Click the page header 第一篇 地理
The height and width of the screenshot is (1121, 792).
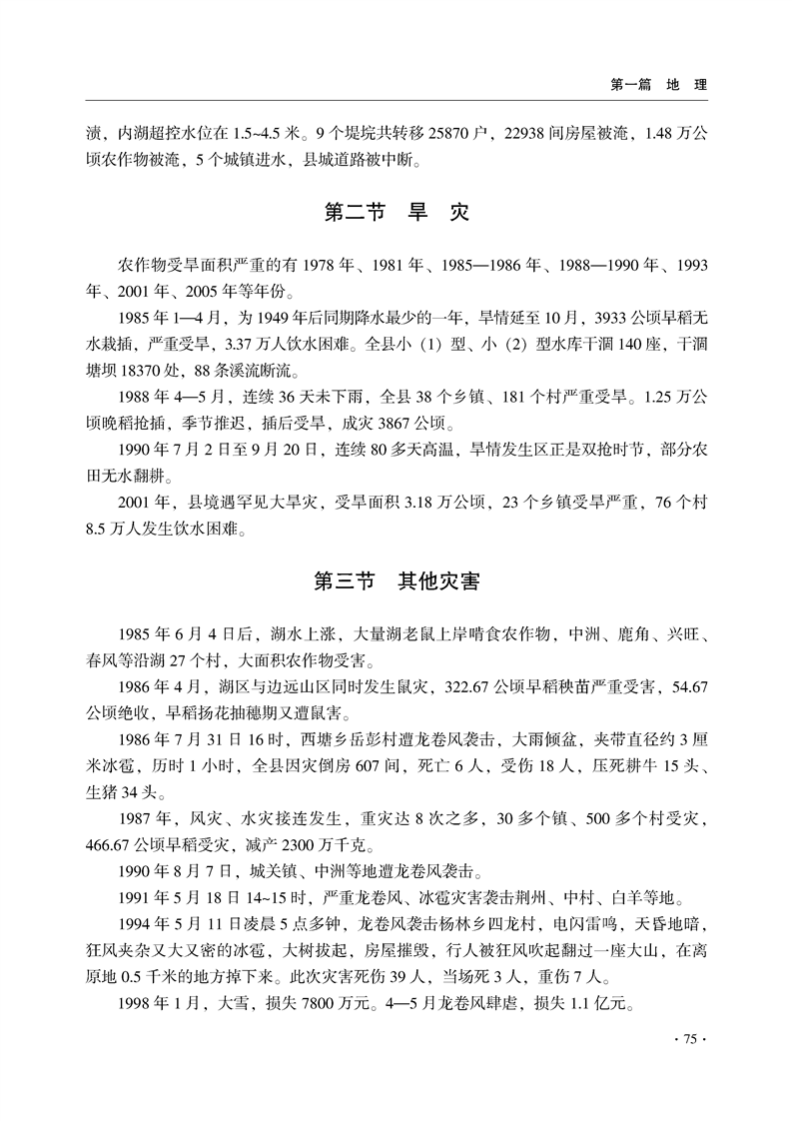658,85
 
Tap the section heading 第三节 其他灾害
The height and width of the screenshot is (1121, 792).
396,580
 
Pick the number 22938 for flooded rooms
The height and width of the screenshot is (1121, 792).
534,131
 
